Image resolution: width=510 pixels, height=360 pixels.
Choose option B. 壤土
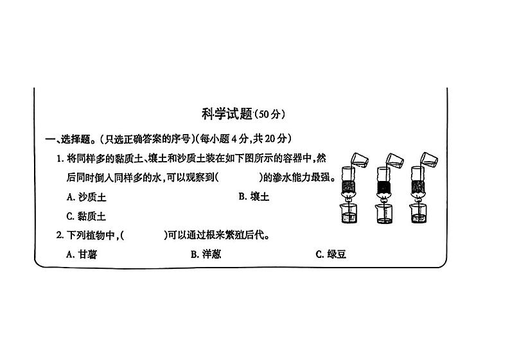(x=254, y=196)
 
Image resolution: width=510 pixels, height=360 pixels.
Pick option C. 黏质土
(x=86, y=216)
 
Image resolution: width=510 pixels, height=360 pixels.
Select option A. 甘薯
(x=82, y=254)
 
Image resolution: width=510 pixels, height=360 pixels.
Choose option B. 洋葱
(x=206, y=254)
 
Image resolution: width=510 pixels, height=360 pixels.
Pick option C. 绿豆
(x=331, y=254)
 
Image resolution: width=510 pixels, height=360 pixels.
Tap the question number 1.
(x=58, y=158)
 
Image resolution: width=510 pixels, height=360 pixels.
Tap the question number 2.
(x=58, y=236)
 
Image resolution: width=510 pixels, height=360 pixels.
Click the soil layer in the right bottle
(x=418, y=188)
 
